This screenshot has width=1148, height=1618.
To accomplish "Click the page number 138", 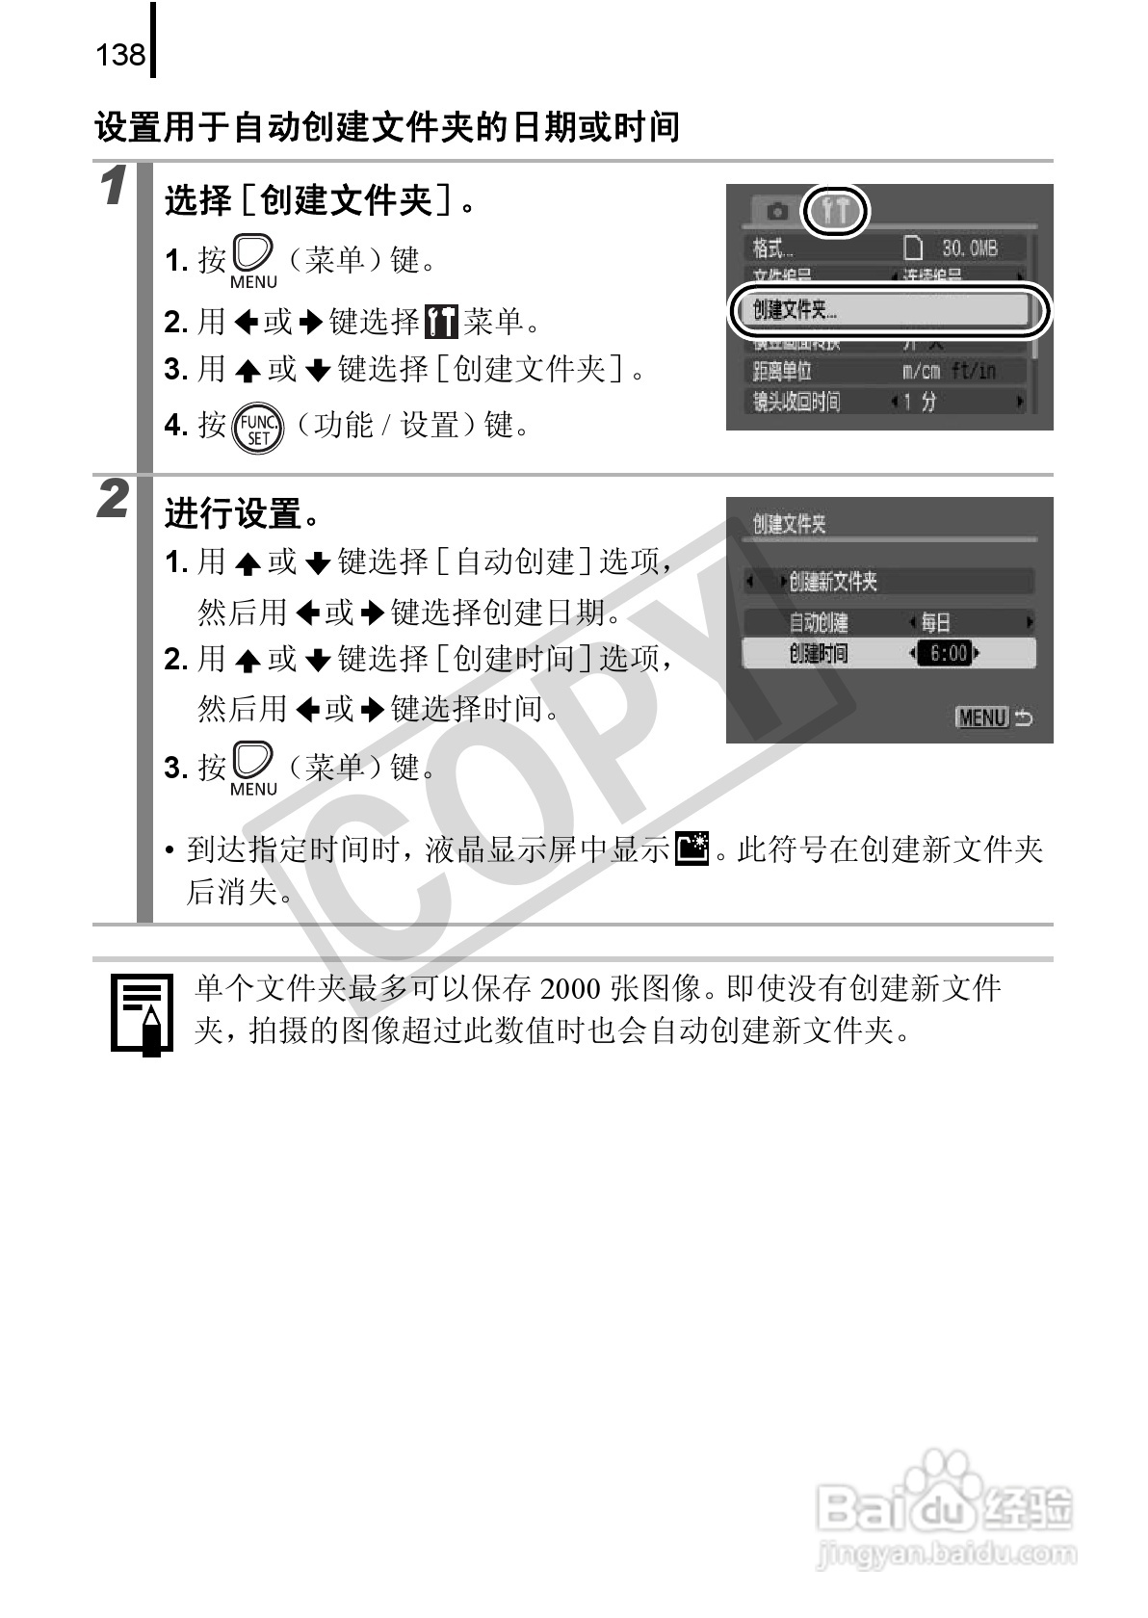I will point(120,55).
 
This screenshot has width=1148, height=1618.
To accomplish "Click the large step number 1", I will point(114,186).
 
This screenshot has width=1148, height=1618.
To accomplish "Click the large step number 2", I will point(114,500).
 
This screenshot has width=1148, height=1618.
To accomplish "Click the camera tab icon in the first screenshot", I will point(776,211).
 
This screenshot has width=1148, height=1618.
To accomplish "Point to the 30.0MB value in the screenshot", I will point(968,248).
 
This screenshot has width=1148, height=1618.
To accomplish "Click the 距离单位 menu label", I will point(782,371).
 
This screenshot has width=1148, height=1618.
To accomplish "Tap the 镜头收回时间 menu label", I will point(796,402).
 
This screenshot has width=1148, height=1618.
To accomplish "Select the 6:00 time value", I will point(947,654).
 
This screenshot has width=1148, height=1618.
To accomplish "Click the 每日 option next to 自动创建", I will point(935,622).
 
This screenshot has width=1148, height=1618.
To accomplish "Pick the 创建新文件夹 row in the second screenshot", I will point(833,582).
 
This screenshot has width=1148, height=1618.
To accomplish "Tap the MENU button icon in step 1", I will point(253,260).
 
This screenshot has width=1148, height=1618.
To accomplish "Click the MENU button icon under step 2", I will point(253,768).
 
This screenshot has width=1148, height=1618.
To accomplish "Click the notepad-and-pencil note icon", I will point(142,1014).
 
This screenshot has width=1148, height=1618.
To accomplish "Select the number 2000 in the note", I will point(572,989).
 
